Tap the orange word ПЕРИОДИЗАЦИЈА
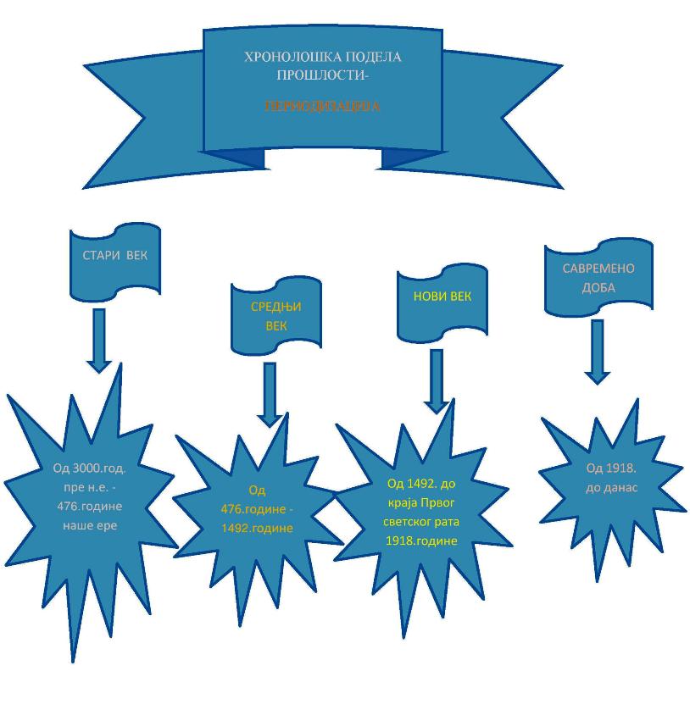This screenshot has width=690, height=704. pos(322,108)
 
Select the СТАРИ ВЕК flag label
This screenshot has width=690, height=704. pos(114,256)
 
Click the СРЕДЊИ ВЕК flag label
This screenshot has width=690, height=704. pos(276,316)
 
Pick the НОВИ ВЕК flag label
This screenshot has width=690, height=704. pos(442,297)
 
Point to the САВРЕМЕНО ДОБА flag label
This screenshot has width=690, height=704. pos(598,278)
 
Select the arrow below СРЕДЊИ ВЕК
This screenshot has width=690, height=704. pos(270,394)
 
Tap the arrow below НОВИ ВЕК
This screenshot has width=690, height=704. pos(437,381)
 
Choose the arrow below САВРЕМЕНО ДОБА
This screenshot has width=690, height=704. pos(598,352)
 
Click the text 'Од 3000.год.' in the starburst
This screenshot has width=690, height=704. pos(89,468)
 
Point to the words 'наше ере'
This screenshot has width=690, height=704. pos(89,525)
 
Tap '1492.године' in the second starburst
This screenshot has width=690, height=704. pos(258,527)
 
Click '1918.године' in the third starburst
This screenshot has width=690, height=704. pos(421,540)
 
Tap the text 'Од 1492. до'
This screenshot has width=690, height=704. pos(421,484)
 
